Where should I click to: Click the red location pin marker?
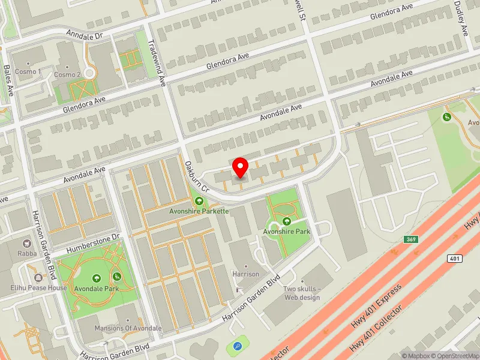pyautogui.click(x=241, y=167)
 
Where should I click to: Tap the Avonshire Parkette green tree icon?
pyautogui.click(x=199, y=200)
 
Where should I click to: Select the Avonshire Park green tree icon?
pyautogui.click(x=286, y=221)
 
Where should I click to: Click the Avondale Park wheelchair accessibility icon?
pyautogui.click(x=117, y=277)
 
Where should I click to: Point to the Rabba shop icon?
pyautogui.click(x=27, y=244)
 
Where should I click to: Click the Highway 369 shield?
pyautogui.click(x=394, y=239)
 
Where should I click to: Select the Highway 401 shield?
pyautogui.click(x=453, y=257)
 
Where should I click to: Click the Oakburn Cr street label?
pyautogui.click(x=196, y=176)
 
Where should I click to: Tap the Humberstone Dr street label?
pyautogui.click(x=94, y=243)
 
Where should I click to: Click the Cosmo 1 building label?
pyautogui.click(x=28, y=72)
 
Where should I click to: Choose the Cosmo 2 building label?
pyautogui.click(x=67, y=75)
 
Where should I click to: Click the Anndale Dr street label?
pyautogui.click(x=85, y=35)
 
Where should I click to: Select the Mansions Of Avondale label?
pyautogui.click(x=128, y=328)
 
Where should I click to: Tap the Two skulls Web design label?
pyautogui.click(x=302, y=293)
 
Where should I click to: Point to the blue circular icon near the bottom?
pyautogui.click(x=237, y=346)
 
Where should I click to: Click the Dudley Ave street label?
pyautogui.click(x=461, y=18)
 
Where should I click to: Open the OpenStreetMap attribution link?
pyautogui.click(x=455, y=356)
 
